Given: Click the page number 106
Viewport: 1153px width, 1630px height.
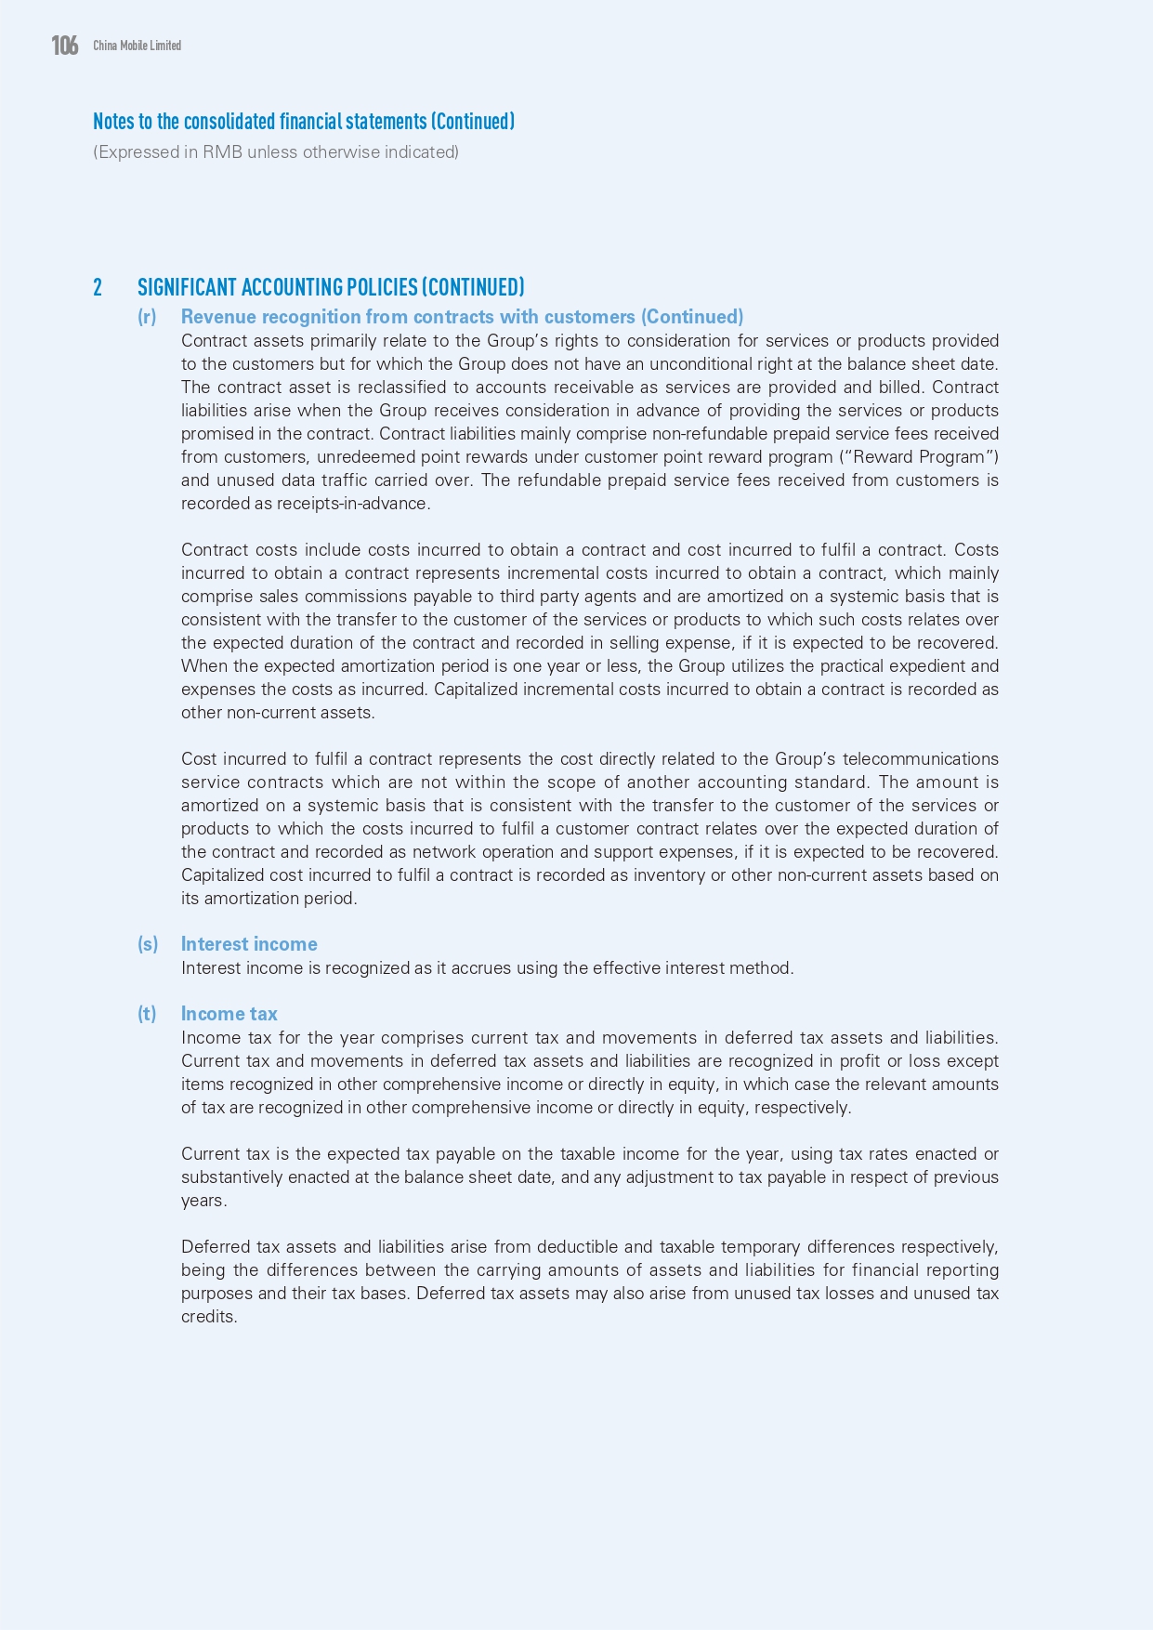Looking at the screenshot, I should pyautogui.click(x=65, y=45).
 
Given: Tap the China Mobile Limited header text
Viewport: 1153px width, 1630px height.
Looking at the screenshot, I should pyautogui.click(x=137, y=46).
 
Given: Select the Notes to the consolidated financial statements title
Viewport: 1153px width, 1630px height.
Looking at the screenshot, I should pyautogui.click(x=303, y=122).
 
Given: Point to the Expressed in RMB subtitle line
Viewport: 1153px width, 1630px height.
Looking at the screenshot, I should pyautogui.click(x=275, y=152).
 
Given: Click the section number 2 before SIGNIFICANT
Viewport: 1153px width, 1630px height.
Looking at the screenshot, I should pyautogui.click(x=98, y=287).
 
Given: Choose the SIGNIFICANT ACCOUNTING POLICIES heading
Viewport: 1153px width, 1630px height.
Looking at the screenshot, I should pyautogui.click(x=331, y=287).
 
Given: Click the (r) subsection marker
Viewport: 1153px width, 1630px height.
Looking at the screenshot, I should pyautogui.click(x=147, y=317).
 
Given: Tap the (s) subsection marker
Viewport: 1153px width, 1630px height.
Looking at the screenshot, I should pyautogui.click(x=148, y=944).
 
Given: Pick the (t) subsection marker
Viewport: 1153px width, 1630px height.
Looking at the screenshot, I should pyautogui.click(x=147, y=1014).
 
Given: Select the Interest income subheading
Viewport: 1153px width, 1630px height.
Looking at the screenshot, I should pyautogui.click(x=249, y=944).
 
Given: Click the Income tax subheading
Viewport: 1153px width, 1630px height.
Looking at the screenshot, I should pyautogui.click(x=229, y=1014).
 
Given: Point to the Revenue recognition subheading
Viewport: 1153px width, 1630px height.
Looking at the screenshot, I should pyautogui.click(x=462, y=317).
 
